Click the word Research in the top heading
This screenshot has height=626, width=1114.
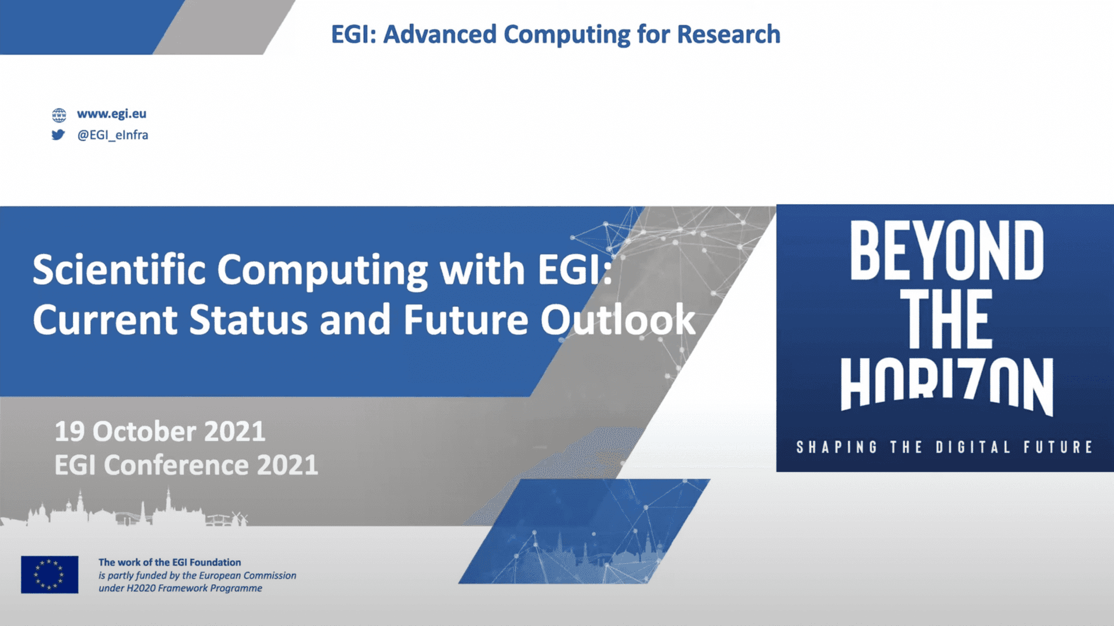729,34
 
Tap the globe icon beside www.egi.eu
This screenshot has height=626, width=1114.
59,115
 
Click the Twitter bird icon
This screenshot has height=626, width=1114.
58,135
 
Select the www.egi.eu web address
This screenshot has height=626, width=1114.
111,114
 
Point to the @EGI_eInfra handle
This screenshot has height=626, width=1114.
113,135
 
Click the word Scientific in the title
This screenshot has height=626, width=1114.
119,270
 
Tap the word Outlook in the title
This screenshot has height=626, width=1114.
618,320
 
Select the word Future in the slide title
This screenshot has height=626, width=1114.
466,320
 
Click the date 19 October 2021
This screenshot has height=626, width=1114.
160,432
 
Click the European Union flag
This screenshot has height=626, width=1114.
50,574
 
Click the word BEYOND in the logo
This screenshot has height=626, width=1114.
946,251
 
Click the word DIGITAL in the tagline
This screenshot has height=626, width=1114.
973,447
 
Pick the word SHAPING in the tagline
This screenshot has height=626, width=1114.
837,447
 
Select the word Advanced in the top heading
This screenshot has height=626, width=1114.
440,34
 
